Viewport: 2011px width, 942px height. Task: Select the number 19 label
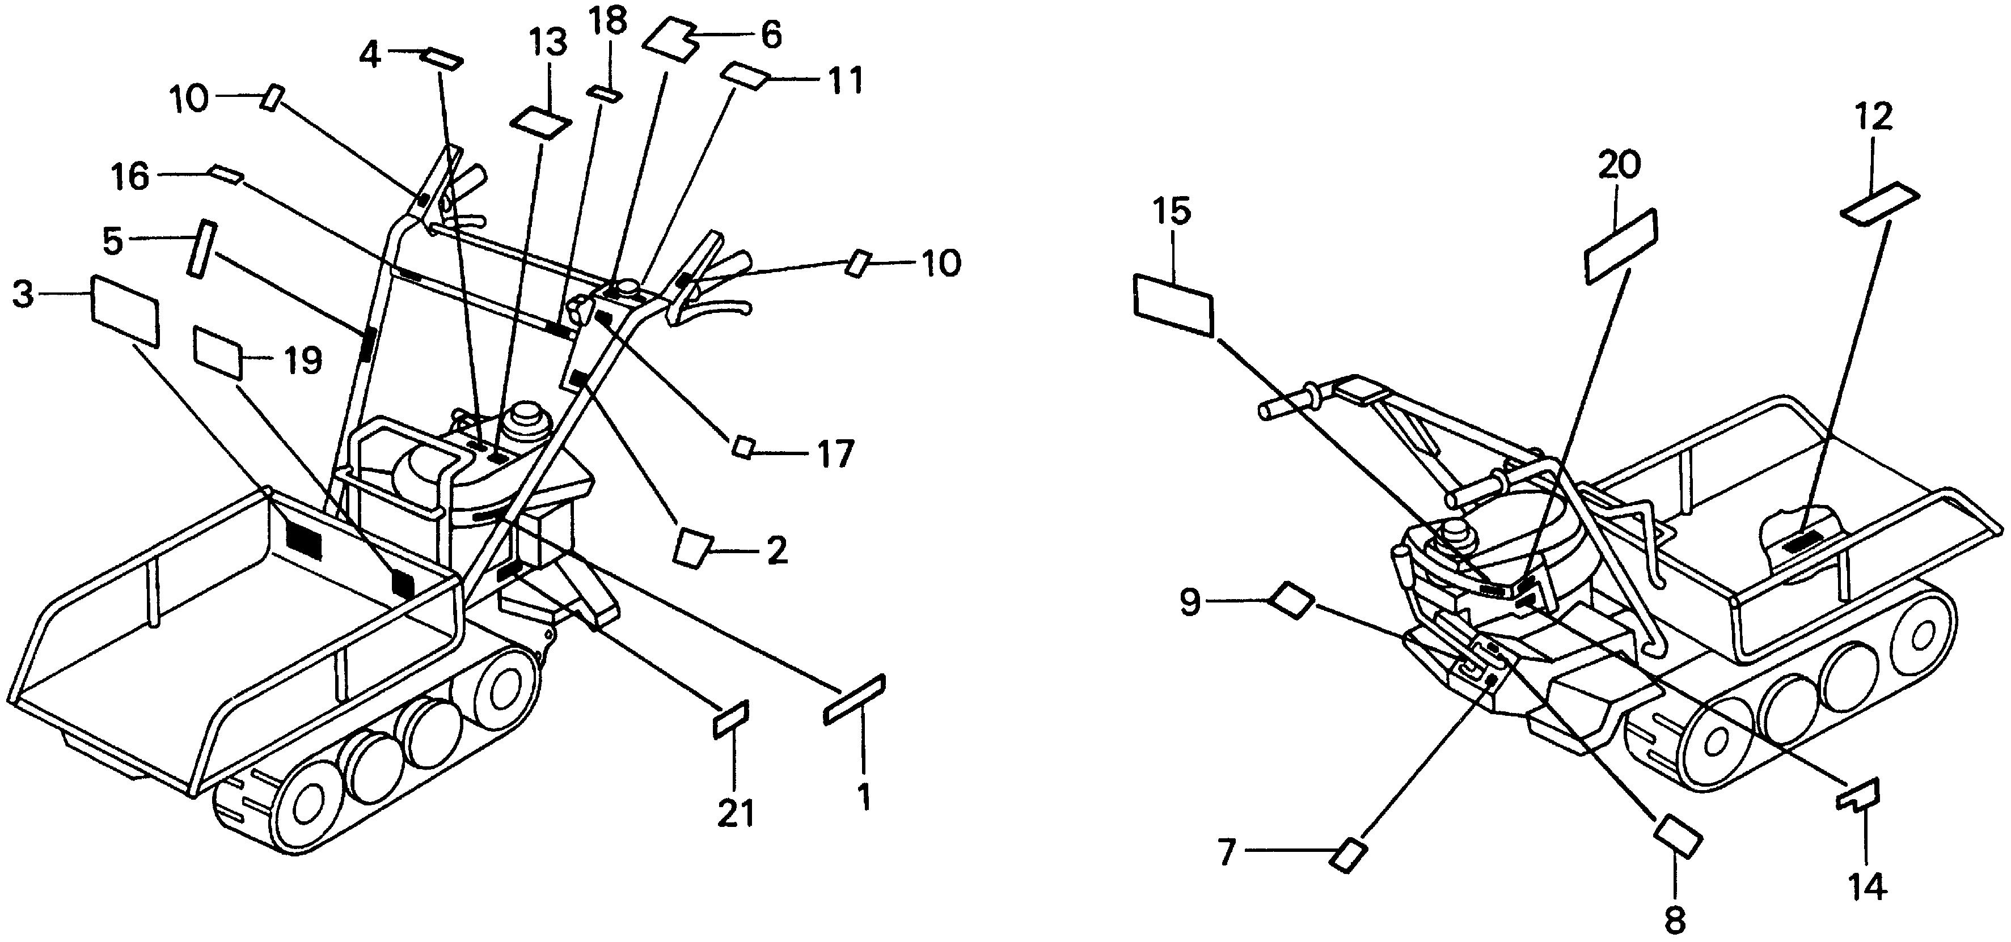[x=302, y=360]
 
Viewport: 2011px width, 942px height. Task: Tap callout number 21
[x=736, y=814]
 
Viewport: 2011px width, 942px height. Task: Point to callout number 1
[x=863, y=797]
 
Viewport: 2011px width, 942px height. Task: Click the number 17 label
[x=835, y=454]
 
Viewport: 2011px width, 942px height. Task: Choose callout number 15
[x=1173, y=211]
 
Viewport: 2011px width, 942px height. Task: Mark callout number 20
[x=1619, y=165]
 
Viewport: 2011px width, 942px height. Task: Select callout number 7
[x=1227, y=852]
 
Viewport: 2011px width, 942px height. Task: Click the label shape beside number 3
[x=125, y=311]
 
